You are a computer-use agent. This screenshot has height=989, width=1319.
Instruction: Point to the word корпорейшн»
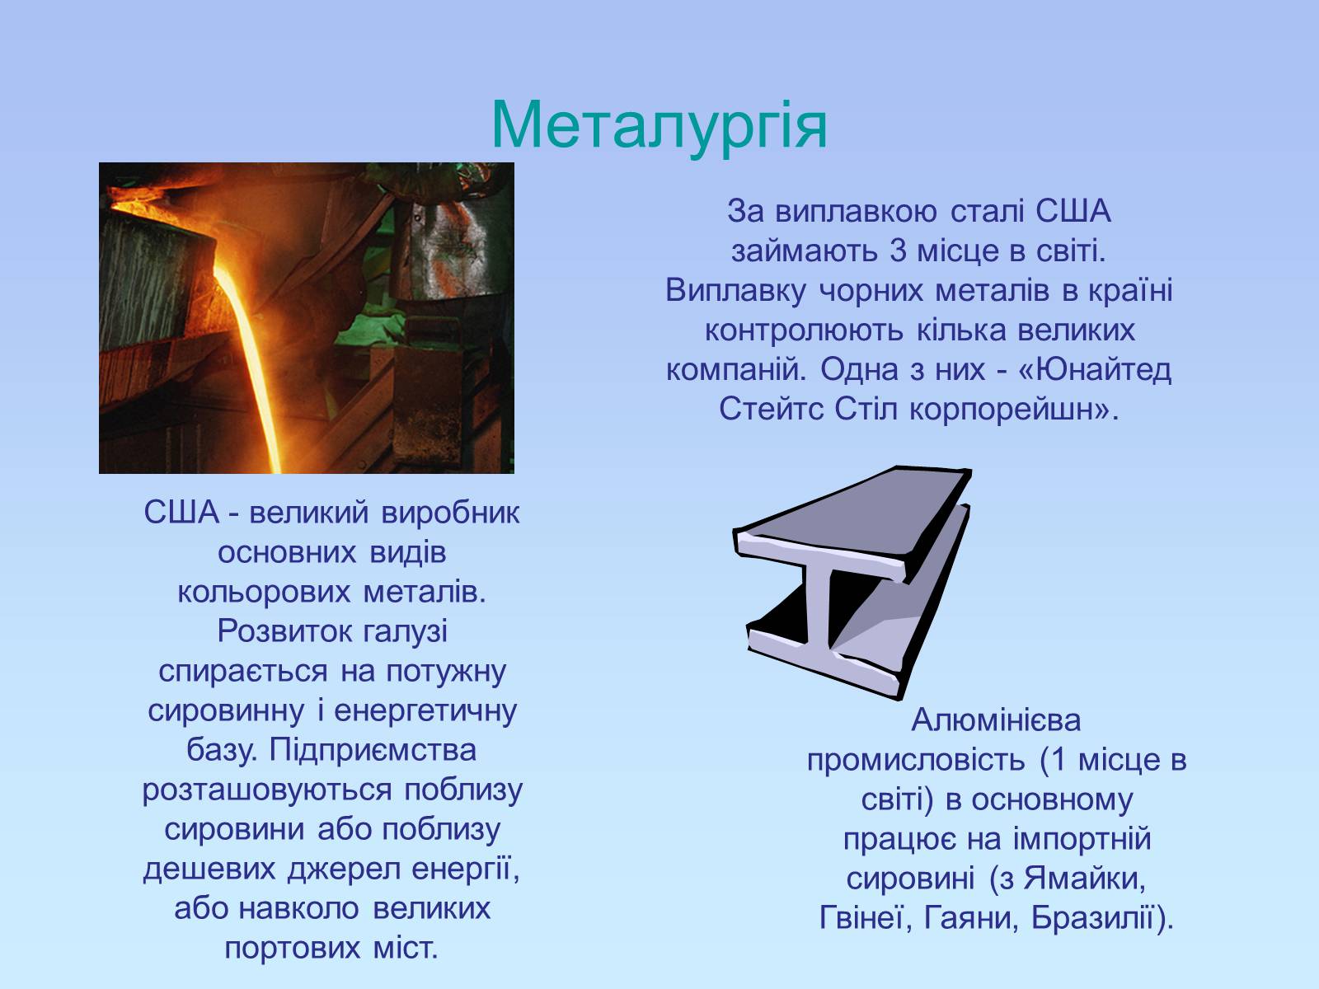point(1013,410)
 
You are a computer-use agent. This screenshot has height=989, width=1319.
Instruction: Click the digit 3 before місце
point(898,251)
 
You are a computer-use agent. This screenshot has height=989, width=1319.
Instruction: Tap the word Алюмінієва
point(996,720)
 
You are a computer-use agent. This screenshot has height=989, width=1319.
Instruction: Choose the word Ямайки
point(1085,879)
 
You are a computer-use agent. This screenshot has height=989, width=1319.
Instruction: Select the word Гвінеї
point(865,918)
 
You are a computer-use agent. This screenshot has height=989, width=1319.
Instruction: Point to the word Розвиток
point(285,631)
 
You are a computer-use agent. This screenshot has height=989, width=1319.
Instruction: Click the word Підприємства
point(373,750)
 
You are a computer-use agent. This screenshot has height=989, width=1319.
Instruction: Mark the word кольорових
point(263,593)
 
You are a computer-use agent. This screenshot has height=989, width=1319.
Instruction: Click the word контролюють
point(805,330)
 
